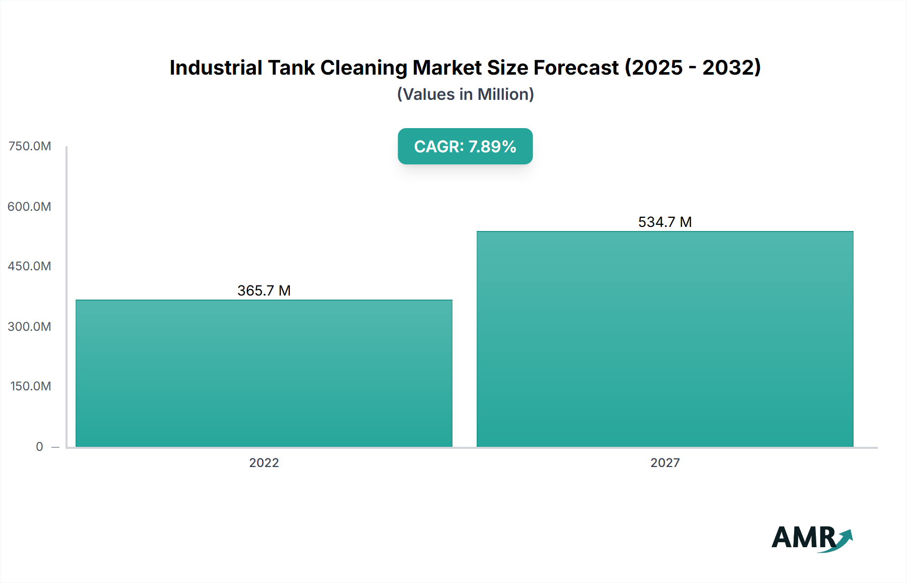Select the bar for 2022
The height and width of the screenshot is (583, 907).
[264, 373]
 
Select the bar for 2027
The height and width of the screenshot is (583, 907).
[665, 339]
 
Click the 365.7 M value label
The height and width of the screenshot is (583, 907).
[264, 290]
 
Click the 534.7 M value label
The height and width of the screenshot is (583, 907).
[665, 222]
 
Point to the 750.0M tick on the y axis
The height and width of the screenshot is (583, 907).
[30, 146]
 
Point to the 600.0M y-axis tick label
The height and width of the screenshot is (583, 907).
[29, 206]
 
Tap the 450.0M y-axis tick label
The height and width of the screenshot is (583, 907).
[29, 266]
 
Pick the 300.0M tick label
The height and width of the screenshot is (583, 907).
[29, 326]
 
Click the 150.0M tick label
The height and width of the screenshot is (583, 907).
[30, 386]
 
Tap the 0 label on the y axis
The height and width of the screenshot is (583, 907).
[39, 446]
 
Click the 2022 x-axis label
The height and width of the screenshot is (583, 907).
[264, 462]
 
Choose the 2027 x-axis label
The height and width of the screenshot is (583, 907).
[665, 462]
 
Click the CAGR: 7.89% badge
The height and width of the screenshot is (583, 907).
[465, 146]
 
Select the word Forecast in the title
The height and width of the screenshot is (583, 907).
[576, 68]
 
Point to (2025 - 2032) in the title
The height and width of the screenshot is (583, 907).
[693, 68]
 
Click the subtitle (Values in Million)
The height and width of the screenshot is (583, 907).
[465, 94]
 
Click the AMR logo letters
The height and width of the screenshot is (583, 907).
[803, 538]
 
